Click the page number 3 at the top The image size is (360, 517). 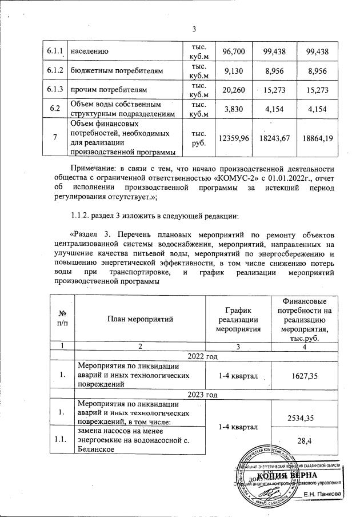pyautogui.click(x=194, y=30)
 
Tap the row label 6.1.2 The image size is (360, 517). pyautogui.click(x=55, y=71)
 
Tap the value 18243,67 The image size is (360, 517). pyautogui.click(x=273, y=138)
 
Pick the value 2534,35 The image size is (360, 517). pyautogui.click(x=313, y=418)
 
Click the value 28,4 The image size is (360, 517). pyautogui.click(x=313, y=440)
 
